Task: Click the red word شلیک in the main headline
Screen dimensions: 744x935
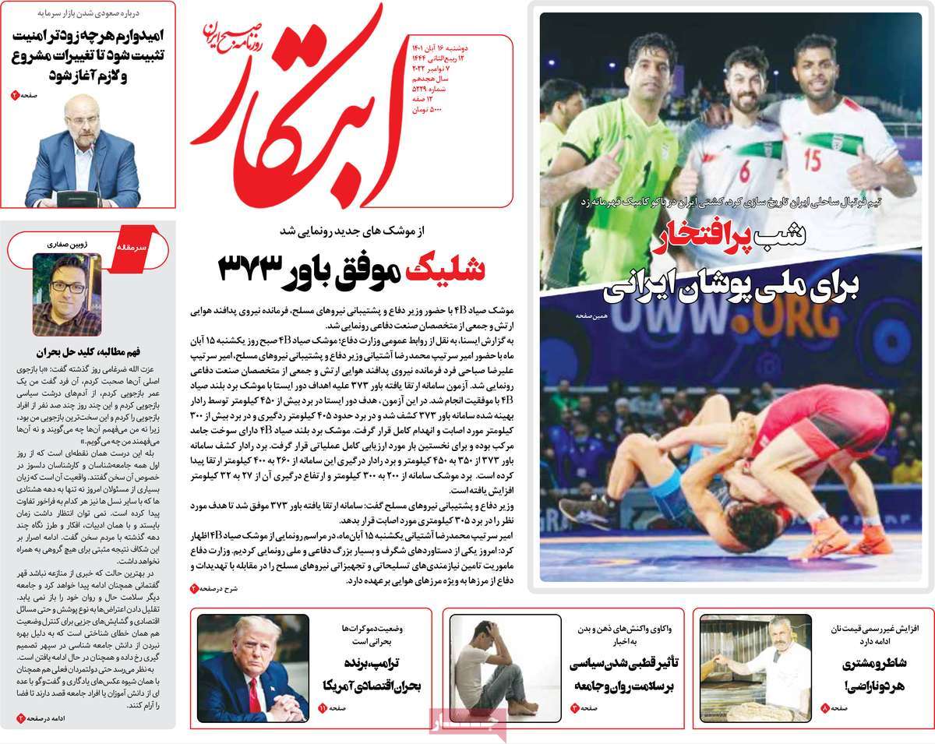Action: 453,269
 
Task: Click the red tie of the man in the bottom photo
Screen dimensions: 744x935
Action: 254,694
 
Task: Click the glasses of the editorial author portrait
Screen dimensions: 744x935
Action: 68,287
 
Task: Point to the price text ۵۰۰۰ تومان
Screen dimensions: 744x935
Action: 425,110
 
